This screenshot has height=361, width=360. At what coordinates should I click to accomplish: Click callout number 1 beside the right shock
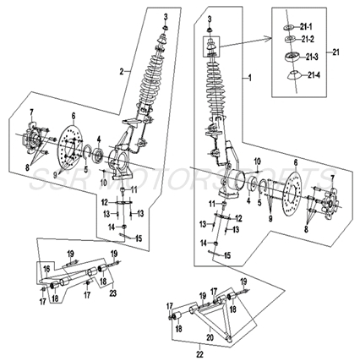point(249,77)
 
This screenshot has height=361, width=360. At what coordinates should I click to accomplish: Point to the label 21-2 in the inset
point(308,41)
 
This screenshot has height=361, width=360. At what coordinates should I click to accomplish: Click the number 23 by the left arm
point(112,293)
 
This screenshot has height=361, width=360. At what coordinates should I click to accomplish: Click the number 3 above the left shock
point(166,18)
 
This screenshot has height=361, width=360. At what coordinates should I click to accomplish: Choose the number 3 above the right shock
point(210,18)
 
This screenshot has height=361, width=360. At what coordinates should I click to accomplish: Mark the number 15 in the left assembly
point(140,238)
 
